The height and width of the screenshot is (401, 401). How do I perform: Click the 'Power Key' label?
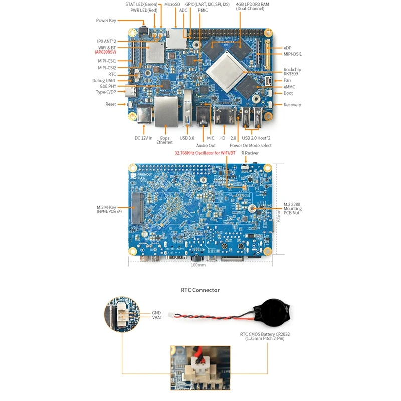106,21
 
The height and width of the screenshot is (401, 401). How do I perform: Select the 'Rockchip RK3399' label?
292,72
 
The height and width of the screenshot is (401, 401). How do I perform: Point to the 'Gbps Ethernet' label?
164,140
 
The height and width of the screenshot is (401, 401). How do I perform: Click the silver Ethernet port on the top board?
166,111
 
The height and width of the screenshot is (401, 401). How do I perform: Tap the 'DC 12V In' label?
144,138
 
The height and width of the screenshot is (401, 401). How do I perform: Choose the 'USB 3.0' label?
187,138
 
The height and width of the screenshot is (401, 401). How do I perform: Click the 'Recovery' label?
292,105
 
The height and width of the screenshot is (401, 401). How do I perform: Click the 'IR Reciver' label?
249,153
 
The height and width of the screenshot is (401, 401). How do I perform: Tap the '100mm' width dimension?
198,265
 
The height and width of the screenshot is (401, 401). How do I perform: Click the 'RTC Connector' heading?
200,290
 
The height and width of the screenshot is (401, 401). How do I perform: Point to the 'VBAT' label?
158,318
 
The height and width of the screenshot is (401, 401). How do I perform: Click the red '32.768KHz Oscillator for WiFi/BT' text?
205,153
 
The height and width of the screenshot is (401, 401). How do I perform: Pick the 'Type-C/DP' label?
106,92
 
